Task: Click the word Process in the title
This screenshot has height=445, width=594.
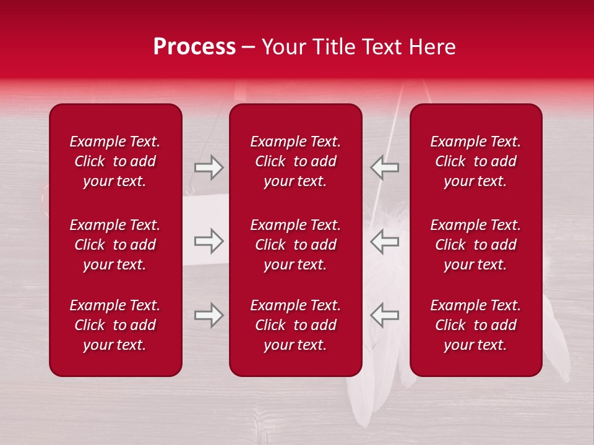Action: click(194, 47)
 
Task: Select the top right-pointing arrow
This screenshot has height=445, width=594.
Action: click(209, 167)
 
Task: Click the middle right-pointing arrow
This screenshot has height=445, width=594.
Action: click(209, 241)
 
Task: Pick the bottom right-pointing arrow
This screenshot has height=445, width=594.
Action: click(209, 315)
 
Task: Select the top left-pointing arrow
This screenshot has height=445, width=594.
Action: click(384, 167)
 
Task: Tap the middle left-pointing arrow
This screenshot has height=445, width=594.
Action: click(384, 241)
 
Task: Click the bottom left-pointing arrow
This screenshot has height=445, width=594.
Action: click(384, 315)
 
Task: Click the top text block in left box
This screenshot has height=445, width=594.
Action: click(115, 161)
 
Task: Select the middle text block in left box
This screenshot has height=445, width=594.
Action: click(115, 245)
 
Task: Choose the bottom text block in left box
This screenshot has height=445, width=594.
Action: click(115, 325)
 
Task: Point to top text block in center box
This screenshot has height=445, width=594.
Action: click(295, 161)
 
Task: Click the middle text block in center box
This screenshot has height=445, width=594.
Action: click(295, 245)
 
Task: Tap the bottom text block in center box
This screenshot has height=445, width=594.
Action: click(295, 325)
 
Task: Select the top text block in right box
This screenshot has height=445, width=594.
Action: click(475, 161)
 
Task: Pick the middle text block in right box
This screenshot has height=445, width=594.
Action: click(475, 245)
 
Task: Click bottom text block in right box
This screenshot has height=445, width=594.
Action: click(475, 325)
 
